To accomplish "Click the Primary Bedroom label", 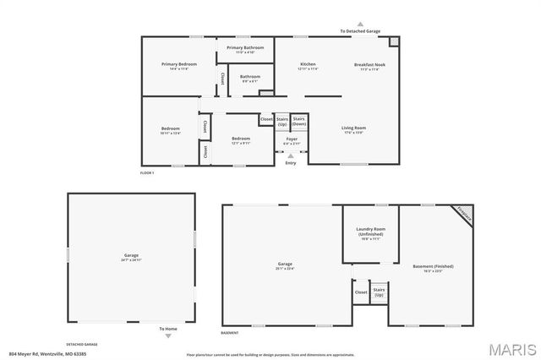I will point(179,64).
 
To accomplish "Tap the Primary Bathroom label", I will point(245,48).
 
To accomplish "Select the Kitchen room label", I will point(308,64).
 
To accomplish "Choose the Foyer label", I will point(291,138).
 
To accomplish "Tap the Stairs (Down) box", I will point(299,123).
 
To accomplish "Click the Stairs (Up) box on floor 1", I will point(282,123).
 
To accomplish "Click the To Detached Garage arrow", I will point(359,25).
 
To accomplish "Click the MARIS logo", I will point(508,348).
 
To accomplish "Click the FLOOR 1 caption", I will point(148,172).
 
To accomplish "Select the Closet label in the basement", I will point(361,292).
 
